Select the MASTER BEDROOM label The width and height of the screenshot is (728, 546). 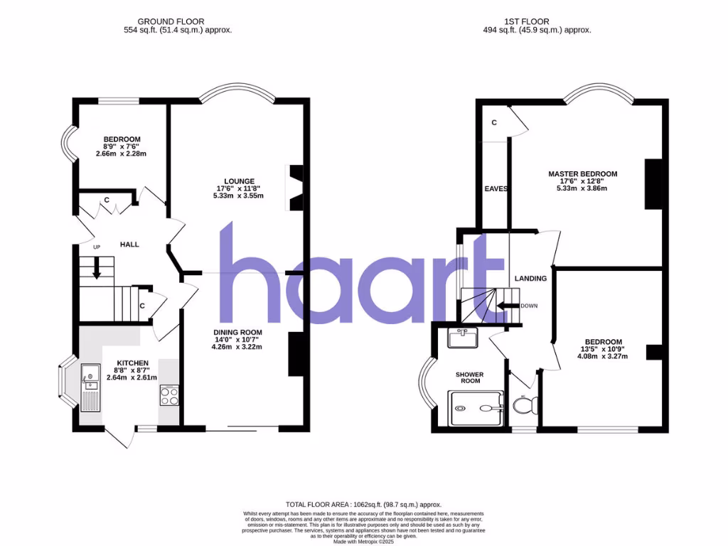tap(582, 174)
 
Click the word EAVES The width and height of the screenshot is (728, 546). tap(496, 189)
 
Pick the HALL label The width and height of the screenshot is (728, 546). tap(129, 245)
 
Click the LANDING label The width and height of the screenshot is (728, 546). tap(531, 279)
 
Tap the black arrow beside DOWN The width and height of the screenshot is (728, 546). tap(507, 306)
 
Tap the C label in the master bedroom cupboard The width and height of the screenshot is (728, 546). tap(494, 123)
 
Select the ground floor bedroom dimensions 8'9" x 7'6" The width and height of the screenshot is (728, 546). tap(122, 147)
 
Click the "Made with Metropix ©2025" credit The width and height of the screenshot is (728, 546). tap(363, 541)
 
